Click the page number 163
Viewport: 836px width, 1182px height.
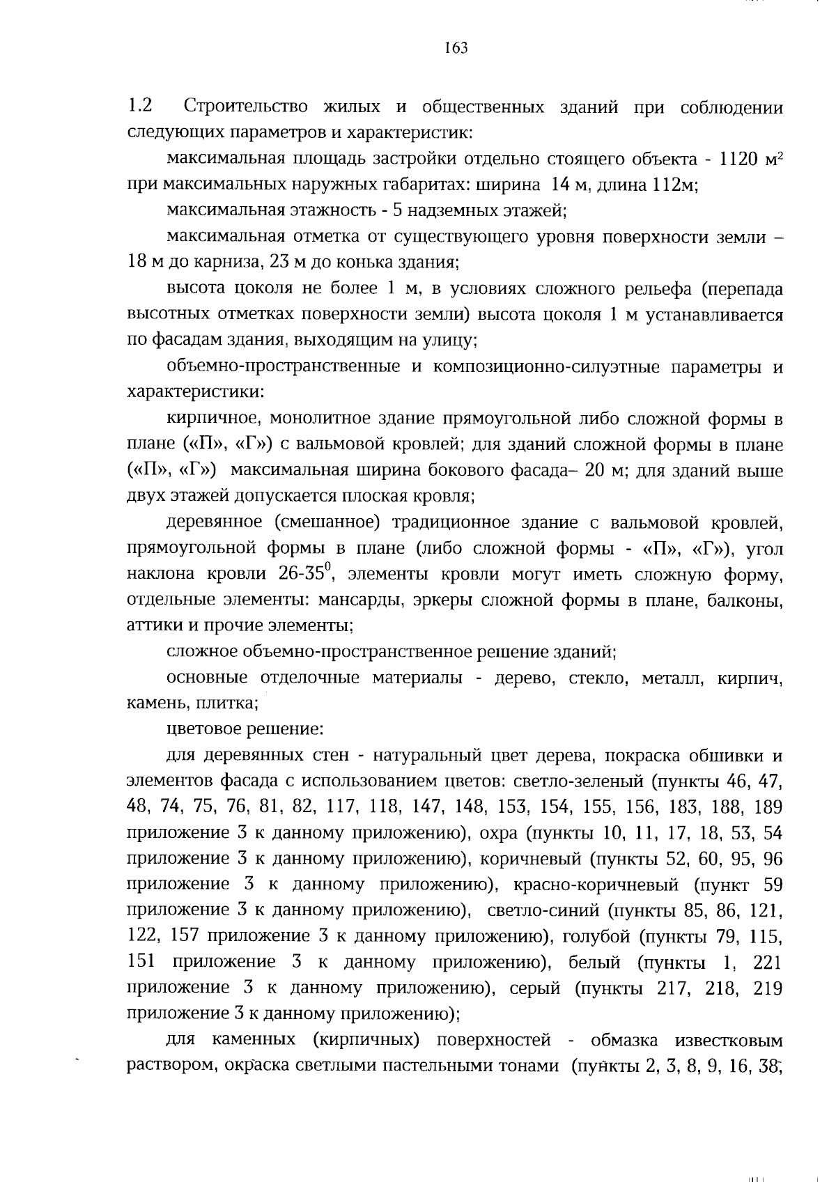[x=455, y=48]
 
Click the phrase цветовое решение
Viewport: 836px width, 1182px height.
[x=245, y=729]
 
